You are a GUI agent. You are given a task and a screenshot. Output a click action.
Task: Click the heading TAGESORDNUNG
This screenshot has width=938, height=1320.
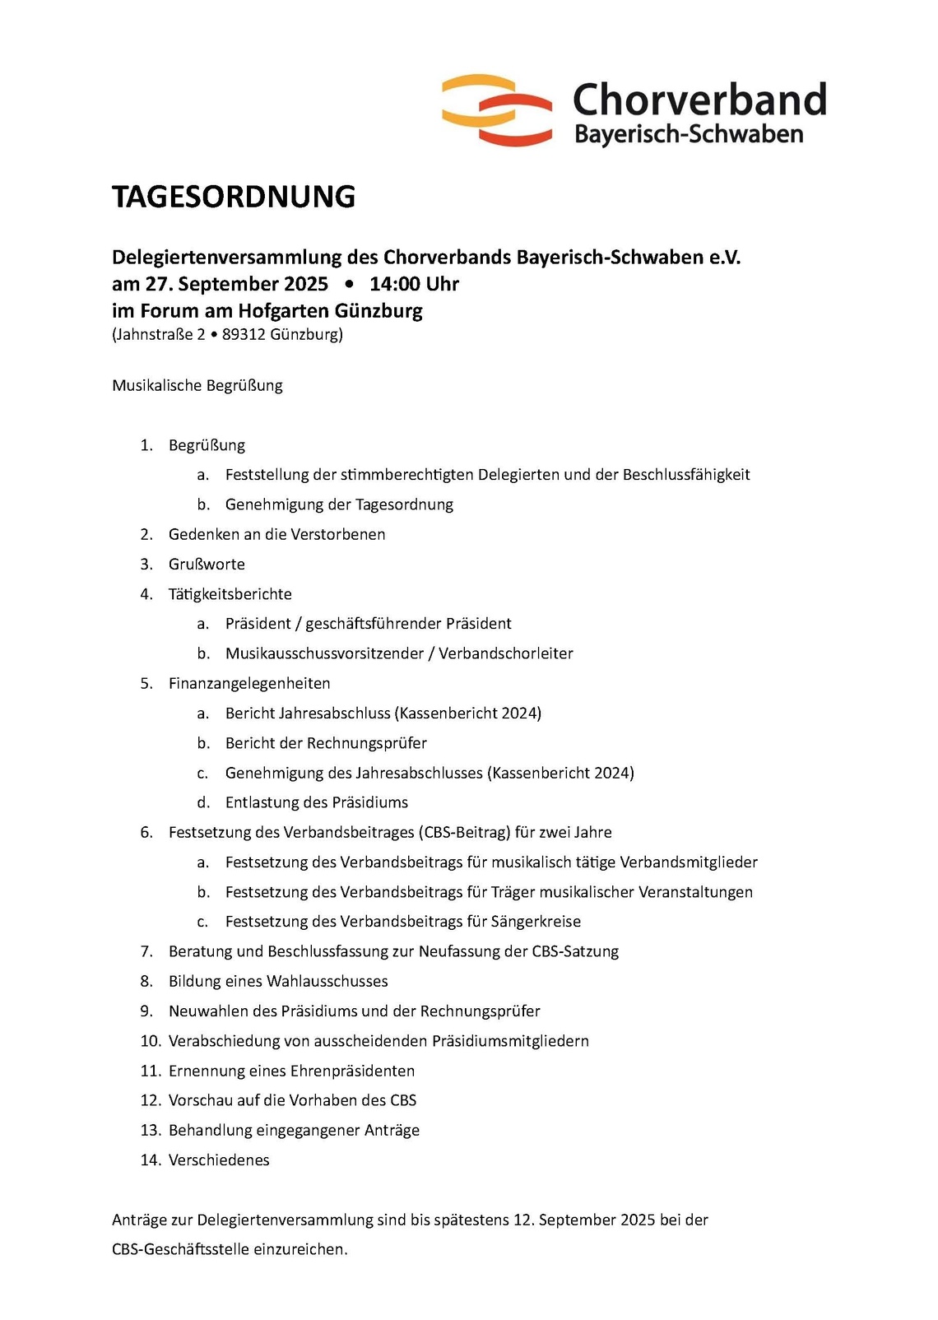pos(234,198)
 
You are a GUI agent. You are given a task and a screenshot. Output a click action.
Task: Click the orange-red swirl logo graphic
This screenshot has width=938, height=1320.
pos(497,110)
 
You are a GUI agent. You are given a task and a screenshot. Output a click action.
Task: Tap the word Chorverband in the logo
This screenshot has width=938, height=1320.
pos(699,100)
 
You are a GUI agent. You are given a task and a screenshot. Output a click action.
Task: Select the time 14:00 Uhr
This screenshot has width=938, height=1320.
pos(414,285)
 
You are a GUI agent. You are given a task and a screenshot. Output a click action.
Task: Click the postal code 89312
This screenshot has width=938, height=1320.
pos(244,335)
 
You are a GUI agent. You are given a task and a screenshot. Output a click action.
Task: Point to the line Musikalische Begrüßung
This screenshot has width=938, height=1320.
pos(197,386)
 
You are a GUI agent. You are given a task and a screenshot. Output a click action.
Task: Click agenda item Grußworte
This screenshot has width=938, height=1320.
pos(207,565)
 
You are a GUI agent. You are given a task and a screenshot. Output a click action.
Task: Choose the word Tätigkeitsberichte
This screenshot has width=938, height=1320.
pos(230,594)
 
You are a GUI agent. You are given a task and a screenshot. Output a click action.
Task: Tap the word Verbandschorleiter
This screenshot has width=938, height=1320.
pos(505,654)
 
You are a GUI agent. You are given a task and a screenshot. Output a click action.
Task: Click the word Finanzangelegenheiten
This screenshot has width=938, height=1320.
pos(249,684)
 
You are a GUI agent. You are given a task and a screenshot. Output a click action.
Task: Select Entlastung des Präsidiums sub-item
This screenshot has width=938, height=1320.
pos(317,803)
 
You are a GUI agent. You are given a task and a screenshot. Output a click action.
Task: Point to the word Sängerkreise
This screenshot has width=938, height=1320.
pos(536,923)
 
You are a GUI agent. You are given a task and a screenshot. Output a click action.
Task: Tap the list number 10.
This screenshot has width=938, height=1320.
pos(150,1042)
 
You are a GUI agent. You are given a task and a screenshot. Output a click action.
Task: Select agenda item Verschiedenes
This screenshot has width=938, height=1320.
pos(219,1160)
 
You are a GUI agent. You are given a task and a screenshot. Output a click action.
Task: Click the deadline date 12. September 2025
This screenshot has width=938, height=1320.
pos(584,1220)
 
